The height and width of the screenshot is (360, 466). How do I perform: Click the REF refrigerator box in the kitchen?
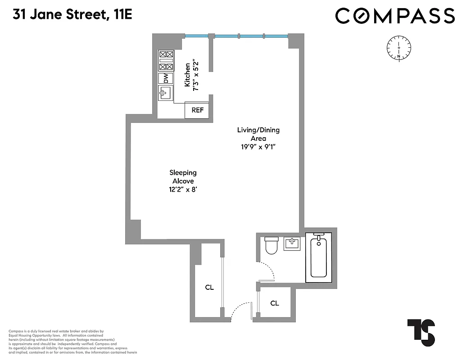(197, 110)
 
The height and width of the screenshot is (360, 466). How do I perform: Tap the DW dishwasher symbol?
(166, 78)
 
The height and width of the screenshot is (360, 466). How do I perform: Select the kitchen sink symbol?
(165, 93)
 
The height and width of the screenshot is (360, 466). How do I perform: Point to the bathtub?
(319, 257)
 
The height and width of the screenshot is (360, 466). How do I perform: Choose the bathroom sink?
(292, 244)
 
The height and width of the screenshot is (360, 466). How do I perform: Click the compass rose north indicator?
(399, 47)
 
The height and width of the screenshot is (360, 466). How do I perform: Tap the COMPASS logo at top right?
(395, 16)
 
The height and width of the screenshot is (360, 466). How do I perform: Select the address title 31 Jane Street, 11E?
(72, 15)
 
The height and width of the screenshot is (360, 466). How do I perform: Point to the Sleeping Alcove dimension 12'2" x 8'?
(183, 189)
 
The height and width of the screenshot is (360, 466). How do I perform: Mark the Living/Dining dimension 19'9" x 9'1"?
(258, 147)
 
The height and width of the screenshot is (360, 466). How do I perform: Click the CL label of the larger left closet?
(209, 288)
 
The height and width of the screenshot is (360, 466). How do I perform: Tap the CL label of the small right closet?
(275, 303)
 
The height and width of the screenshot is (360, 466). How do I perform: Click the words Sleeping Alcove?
(183, 176)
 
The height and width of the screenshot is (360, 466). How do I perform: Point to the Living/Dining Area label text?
(258, 134)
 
